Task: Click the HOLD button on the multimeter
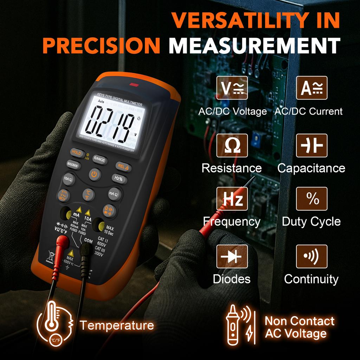pos(76,152)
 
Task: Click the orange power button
pos(95,174)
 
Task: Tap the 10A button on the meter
pos(67,179)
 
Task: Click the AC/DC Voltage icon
pos(232,88)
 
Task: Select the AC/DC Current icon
pos(312,88)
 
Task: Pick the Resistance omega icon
pos(232,145)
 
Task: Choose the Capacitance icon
pos(312,145)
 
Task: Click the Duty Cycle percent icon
pos(312,199)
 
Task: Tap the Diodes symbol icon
pos(232,256)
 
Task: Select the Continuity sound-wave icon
pos(312,256)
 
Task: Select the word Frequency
pos(232,221)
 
